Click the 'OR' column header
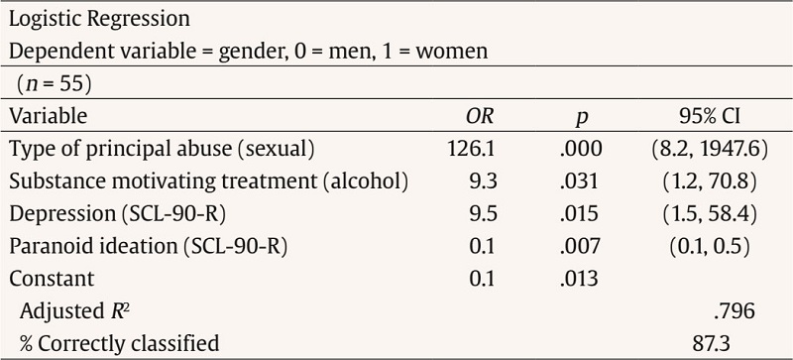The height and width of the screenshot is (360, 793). pos(480,116)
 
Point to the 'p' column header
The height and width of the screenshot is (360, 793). pos(582,118)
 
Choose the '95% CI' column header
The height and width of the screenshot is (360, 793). pos(704,116)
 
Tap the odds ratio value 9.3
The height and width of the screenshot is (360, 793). pos(482,181)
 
